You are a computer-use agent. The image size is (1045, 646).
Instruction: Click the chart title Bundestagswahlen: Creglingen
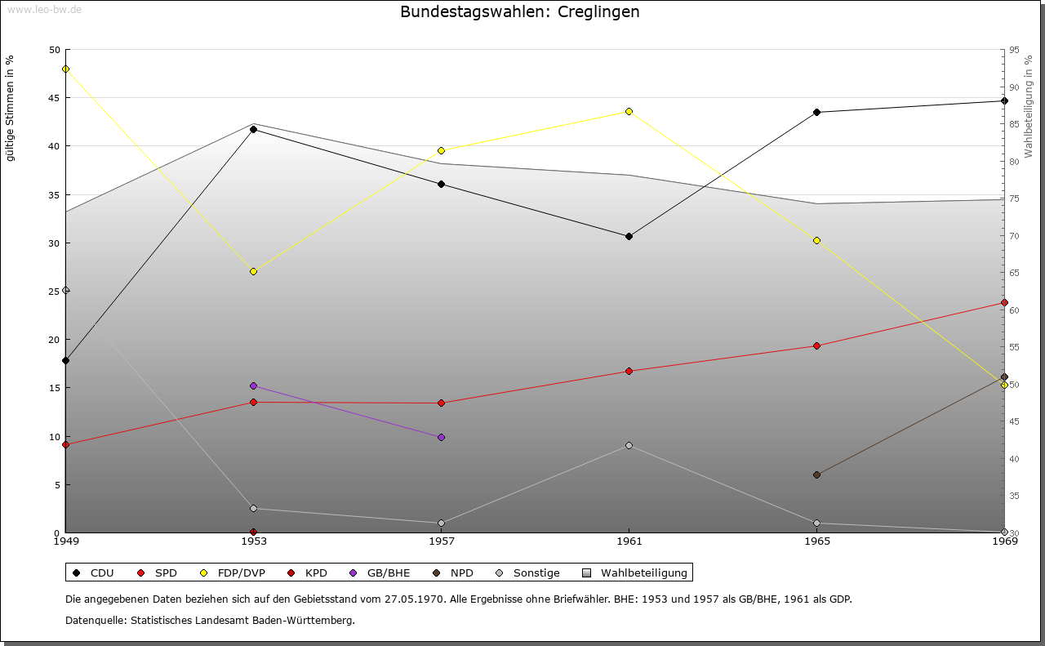click(519, 12)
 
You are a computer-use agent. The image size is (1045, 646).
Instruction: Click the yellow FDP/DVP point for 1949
click(65, 69)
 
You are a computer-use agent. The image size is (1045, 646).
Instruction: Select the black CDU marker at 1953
click(253, 129)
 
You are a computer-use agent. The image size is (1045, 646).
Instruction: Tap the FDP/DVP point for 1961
click(629, 111)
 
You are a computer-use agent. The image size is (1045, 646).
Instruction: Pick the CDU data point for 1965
click(816, 112)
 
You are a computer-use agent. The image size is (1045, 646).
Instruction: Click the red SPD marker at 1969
click(1004, 303)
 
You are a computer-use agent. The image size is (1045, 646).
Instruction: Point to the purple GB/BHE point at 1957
click(441, 437)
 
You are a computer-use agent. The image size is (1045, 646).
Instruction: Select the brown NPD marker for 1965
click(816, 474)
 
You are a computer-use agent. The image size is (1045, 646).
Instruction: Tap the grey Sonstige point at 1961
click(629, 445)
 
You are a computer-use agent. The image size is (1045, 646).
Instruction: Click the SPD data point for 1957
click(441, 403)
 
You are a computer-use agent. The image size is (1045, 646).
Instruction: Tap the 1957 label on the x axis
click(441, 541)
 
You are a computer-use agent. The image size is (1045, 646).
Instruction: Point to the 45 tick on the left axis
click(54, 98)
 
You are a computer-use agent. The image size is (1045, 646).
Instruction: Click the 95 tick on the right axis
click(1014, 50)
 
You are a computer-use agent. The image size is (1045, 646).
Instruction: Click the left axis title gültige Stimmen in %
click(10, 109)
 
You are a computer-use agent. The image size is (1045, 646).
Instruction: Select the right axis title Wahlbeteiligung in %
click(1029, 106)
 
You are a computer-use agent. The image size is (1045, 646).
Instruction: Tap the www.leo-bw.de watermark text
click(42, 9)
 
